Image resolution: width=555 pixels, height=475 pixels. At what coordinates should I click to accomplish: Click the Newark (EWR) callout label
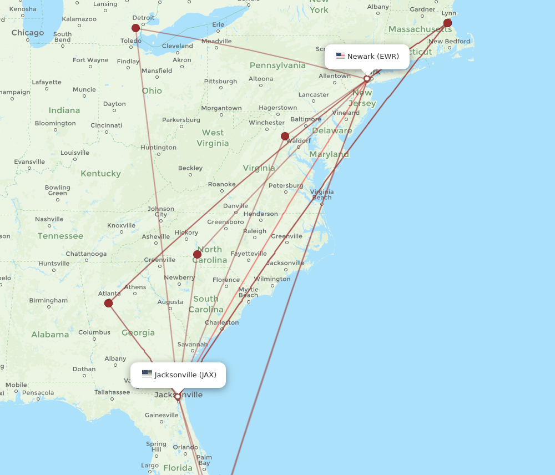click(367, 57)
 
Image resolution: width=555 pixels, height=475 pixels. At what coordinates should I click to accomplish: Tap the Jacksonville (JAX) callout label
click(178, 375)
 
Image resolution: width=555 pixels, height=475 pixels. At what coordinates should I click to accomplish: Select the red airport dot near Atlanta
click(109, 303)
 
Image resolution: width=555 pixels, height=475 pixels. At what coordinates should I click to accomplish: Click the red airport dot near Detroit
click(136, 28)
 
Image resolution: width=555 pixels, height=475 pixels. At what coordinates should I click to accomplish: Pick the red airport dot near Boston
click(447, 23)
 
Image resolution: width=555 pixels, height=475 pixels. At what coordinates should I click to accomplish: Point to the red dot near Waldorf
click(285, 136)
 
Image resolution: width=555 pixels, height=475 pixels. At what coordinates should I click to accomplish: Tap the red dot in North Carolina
click(197, 254)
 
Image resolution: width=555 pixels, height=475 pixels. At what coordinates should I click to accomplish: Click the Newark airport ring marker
click(366, 79)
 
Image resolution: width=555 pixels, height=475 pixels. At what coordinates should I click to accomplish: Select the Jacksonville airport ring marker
click(178, 396)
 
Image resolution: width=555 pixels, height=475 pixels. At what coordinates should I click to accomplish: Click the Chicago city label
click(28, 33)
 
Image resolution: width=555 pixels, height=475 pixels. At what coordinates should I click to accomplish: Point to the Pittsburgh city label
click(220, 81)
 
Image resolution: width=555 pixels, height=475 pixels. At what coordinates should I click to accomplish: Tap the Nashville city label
click(49, 219)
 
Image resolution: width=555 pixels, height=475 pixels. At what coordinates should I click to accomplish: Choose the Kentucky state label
click(100, 174)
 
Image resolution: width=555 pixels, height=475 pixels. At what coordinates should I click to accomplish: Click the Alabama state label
click(50, 335)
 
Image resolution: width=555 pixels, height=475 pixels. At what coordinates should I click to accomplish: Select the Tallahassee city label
click(112, 392)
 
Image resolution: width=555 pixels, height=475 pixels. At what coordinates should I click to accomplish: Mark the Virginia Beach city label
click(322, 194)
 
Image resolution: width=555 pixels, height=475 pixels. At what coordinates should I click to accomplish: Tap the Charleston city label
click(221, 322)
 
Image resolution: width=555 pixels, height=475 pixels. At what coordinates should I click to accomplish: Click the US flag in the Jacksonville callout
click(147, 374)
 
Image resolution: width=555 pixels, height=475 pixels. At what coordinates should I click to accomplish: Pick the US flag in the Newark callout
click(340, 56)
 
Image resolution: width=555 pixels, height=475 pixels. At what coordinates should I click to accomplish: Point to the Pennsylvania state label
click(277, 65)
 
